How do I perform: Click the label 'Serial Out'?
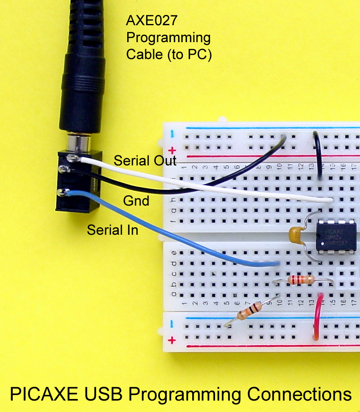[x=145, y=161]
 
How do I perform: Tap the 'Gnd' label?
[x=136, y=201]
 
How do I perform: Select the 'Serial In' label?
[x=113, y=230]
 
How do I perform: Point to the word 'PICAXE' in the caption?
[x=40, y=394]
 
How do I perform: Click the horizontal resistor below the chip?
[x=301, y=280]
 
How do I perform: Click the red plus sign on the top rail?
[x=172, y=150]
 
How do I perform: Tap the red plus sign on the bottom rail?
[x=172, y=340]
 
